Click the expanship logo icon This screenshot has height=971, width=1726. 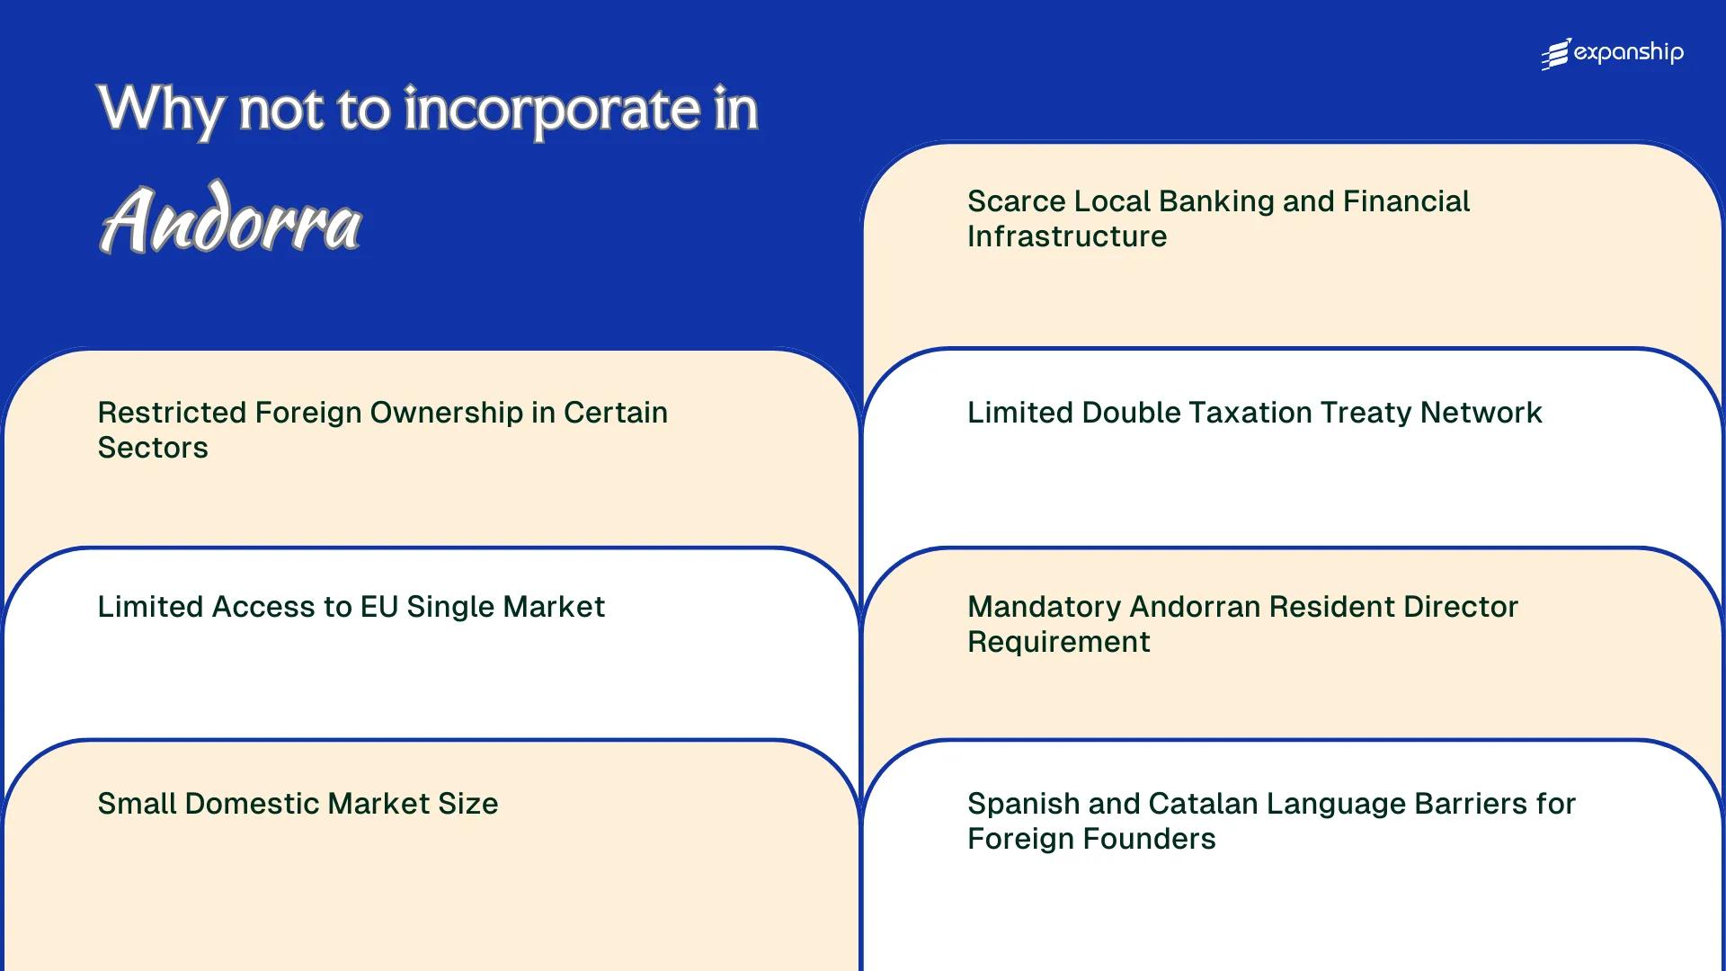[1556, 54]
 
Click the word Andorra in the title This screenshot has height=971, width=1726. [230, 221]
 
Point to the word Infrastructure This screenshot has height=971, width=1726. [1067, 236]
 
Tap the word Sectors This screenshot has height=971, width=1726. [153, 448]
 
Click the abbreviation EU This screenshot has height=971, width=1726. [378, 607]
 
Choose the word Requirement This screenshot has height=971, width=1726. [1059, 642]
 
